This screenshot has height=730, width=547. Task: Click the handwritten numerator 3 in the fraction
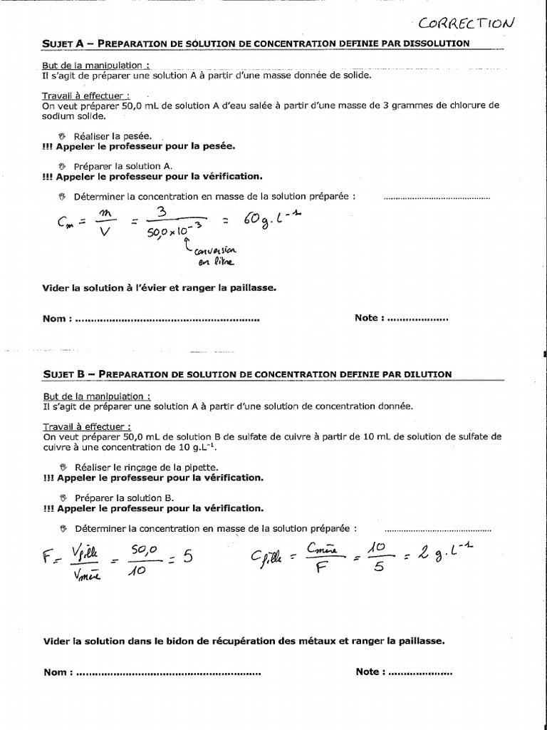[x=162, y=212]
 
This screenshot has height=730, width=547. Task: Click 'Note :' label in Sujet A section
[x=370, y=318]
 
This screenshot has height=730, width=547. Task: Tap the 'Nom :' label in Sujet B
[x=57, y=672]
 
